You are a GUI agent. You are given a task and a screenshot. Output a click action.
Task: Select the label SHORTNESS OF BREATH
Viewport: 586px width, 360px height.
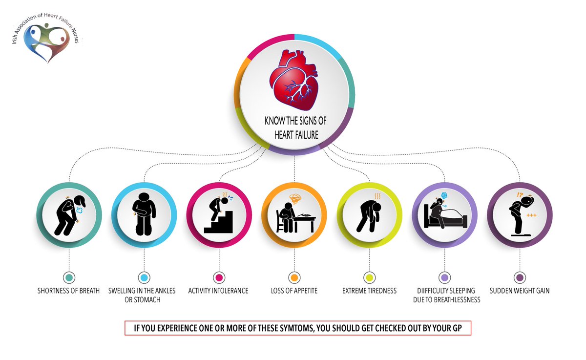click(68, 291)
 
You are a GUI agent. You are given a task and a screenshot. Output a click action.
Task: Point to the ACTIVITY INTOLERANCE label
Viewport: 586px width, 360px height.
click(218, 291)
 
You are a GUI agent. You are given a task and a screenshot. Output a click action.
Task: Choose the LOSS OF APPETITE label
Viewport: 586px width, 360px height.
click(294, 291)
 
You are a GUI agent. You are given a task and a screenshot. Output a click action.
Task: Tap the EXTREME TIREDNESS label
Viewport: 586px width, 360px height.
click(370, 291)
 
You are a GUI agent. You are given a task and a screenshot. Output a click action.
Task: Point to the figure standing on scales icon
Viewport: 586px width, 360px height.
click(519, 215)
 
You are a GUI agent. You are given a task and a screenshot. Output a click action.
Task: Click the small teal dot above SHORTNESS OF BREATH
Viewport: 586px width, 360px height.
click(69, 277)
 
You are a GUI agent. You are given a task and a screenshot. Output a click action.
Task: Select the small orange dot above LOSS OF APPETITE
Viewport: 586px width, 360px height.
click(294, 277)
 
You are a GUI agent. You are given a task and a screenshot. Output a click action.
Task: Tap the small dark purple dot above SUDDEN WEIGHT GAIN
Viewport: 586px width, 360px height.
click(520, 277)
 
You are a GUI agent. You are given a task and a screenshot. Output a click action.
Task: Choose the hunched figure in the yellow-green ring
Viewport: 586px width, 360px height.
click(369, 215)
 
